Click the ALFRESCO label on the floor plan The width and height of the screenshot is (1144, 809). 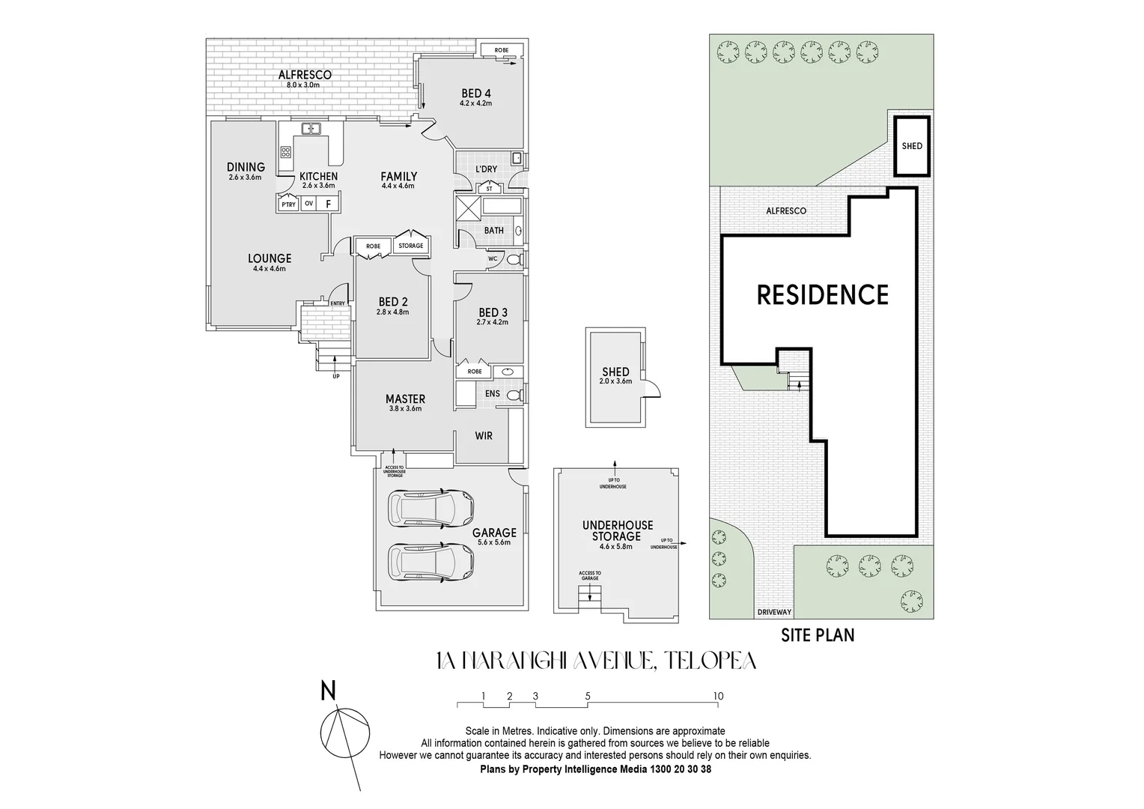(x=304, y=75)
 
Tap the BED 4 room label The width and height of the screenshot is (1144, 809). (x=475, y=94)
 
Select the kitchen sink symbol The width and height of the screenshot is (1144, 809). (x=311, y=129)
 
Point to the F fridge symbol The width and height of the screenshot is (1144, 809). (x=328, y=204)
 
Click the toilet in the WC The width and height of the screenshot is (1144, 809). (x=513, y=259)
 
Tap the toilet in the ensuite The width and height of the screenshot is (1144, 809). (x=513, y=394)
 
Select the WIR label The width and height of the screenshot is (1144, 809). (x=484, y=435)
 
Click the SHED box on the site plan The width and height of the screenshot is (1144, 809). (x=912, y=146)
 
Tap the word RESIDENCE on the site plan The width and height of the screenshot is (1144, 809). (x=822, y=295)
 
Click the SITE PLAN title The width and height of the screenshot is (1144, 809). (x=818, y=635)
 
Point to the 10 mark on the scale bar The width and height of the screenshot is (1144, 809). (x=718, y=696)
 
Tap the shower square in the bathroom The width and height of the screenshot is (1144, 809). (x=469, y=207)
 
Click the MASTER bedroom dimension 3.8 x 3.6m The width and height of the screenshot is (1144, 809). (x=405, y=409)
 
